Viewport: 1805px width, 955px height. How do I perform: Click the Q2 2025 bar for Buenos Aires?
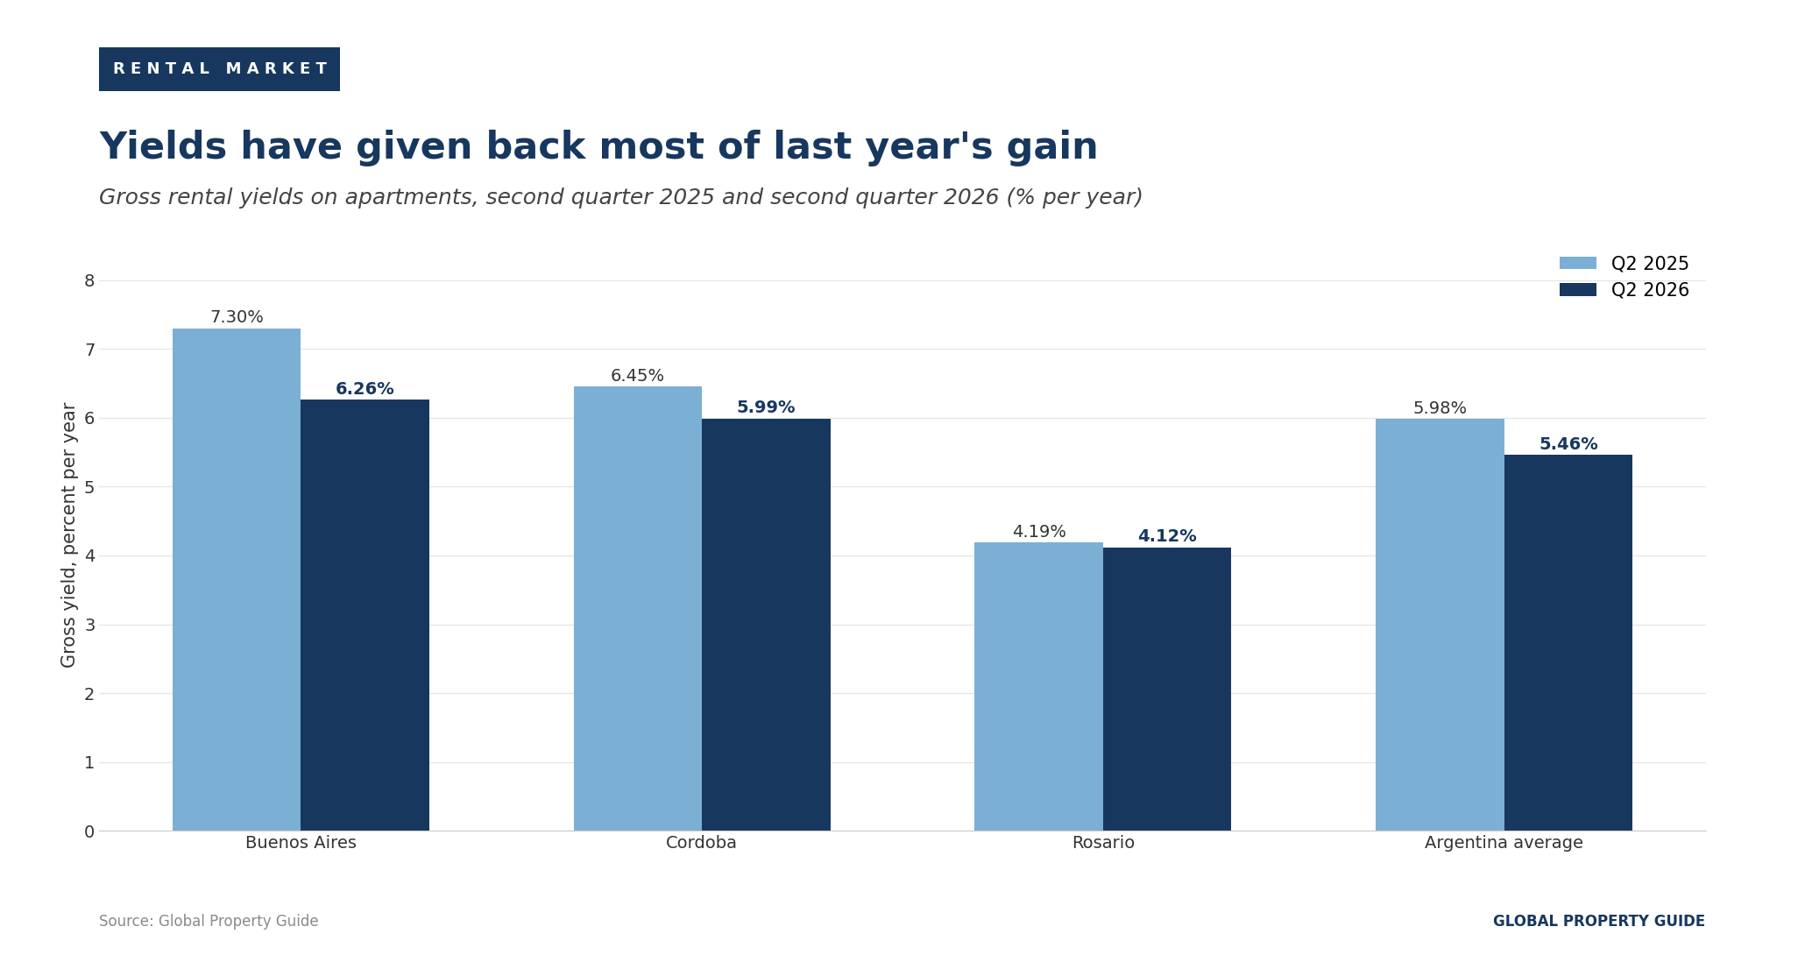[x=237, y=579]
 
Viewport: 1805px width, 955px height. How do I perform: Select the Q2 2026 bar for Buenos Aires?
[x=365, y=615]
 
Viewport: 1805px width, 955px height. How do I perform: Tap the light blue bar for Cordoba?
[x=638, y=608]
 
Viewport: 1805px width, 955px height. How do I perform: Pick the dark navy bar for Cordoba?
[x=766, y=625]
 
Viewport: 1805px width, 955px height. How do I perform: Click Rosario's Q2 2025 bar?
[x=1038, y=686]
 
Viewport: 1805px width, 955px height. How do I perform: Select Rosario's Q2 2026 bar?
[x=1167, y=689]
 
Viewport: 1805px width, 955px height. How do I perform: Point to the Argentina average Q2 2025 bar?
[x=1440, y=625]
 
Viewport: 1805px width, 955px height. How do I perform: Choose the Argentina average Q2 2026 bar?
[x=1568, y=642]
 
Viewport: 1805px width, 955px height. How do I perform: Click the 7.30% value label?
[x=237, y=317]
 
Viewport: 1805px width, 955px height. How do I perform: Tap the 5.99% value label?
[x=766, y=407]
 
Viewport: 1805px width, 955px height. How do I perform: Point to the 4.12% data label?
[x=1167, y=536]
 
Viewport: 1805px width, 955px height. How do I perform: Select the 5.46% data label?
[x=1568, y=444]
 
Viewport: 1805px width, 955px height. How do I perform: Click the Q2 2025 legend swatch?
[x=1578, y=263]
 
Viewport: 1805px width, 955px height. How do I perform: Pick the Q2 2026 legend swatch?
[x=1578, y=289]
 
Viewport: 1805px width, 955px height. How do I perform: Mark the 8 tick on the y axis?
[x=89, y=280]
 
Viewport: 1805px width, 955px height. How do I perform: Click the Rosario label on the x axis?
[x=1103, y=843]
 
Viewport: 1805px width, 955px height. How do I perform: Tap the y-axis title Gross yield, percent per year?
[x=69, y=534]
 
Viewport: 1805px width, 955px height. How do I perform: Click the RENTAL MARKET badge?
[x=219, y=69]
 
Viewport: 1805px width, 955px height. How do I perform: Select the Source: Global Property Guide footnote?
[x=209, y=921]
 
